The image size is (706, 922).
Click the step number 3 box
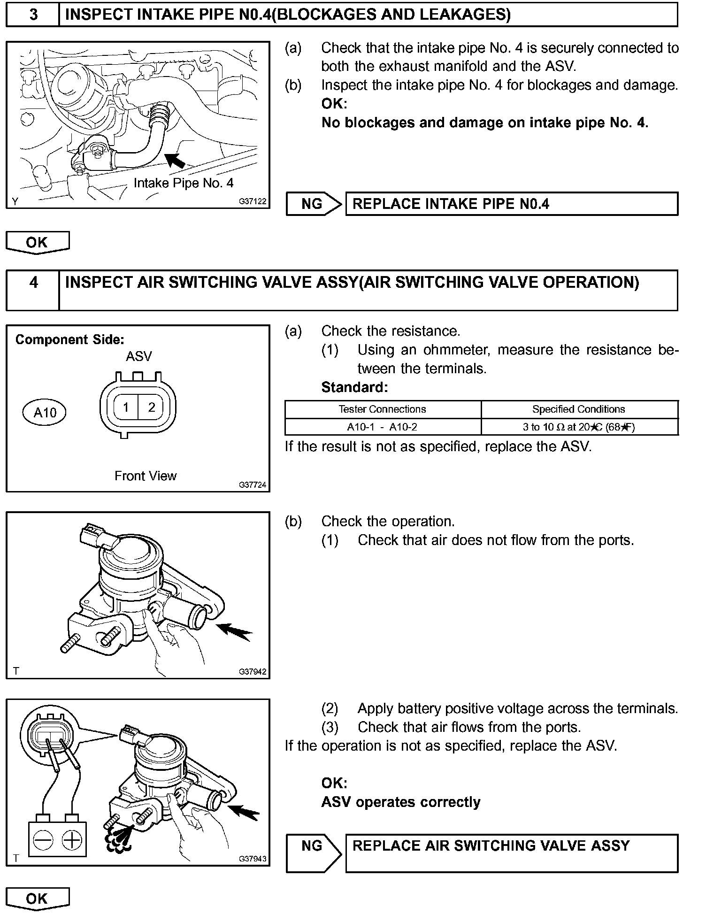33,15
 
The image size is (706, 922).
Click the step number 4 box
33,289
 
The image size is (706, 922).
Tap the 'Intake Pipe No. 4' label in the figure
183,183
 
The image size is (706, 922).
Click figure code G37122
253,201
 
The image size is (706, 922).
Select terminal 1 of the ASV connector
126,407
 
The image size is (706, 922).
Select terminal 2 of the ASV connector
151,407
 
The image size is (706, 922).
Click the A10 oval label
45,413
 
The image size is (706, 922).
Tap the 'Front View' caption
146,476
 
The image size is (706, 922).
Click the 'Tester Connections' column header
382,409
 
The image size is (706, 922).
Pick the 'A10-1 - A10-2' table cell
382,427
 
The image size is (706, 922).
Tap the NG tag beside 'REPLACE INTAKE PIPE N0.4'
312,204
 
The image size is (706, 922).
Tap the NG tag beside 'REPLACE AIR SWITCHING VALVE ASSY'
312,846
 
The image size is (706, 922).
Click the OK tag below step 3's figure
37,243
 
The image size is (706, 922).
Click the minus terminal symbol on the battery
43,840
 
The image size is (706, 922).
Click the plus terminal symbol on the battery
72,840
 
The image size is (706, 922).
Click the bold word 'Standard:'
354,387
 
